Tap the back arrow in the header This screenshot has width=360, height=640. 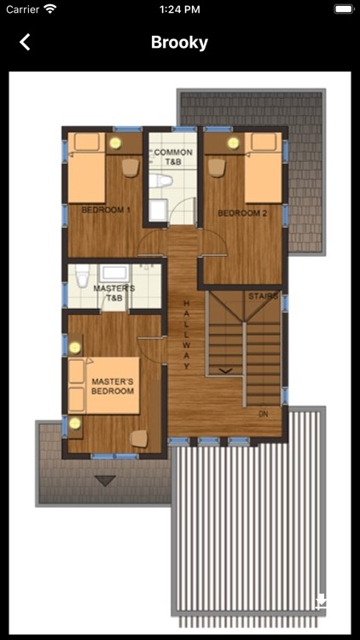point(25,42)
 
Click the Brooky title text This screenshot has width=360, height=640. point(180,43)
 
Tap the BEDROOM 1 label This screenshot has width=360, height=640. point(106,210)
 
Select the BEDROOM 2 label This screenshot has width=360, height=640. point(242,213)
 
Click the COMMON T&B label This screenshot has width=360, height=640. point(173,157)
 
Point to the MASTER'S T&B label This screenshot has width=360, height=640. point(114,293)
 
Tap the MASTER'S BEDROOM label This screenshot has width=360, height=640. point(113,386)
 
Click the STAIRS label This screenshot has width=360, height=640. point(264,296)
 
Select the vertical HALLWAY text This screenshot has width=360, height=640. point(187,335)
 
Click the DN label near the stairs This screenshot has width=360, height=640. point(264,414)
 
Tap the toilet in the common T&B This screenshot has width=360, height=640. point(161,180)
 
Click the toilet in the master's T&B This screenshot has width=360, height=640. point(83,276)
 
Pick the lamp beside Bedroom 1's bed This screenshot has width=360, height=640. point(115,143)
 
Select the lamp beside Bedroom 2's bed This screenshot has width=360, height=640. point(234,143)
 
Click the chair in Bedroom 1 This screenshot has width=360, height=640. point(131,167)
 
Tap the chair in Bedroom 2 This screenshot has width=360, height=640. point(217,167)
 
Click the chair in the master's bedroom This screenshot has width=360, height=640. point(139,439)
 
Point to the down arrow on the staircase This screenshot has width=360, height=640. point(226,370)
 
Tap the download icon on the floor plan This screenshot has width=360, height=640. point(322,601)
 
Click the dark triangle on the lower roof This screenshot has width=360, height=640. point(105,480)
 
